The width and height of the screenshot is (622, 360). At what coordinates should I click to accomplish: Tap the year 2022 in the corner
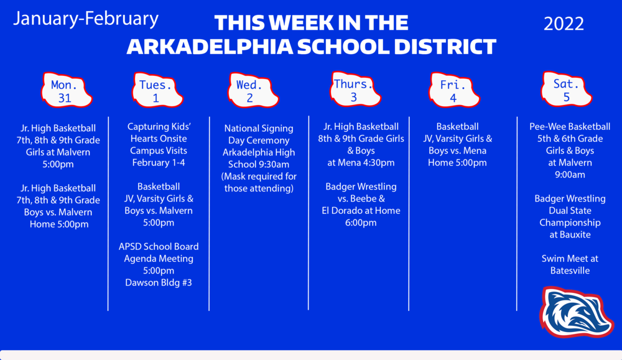564,24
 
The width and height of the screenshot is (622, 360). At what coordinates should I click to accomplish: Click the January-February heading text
86,19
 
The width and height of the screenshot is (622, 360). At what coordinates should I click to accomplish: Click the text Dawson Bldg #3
159,282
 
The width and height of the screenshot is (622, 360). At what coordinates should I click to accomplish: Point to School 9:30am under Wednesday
258,164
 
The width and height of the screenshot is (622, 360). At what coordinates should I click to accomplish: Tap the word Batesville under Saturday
569,270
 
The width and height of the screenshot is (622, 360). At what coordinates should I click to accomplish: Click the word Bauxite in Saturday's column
570,234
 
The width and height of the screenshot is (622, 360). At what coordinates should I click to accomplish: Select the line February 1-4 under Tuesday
159,162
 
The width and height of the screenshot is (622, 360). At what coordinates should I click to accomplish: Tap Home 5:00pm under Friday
457,162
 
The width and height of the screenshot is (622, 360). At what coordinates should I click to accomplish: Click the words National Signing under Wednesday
258,128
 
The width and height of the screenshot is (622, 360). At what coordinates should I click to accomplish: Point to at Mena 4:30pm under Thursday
361,162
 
